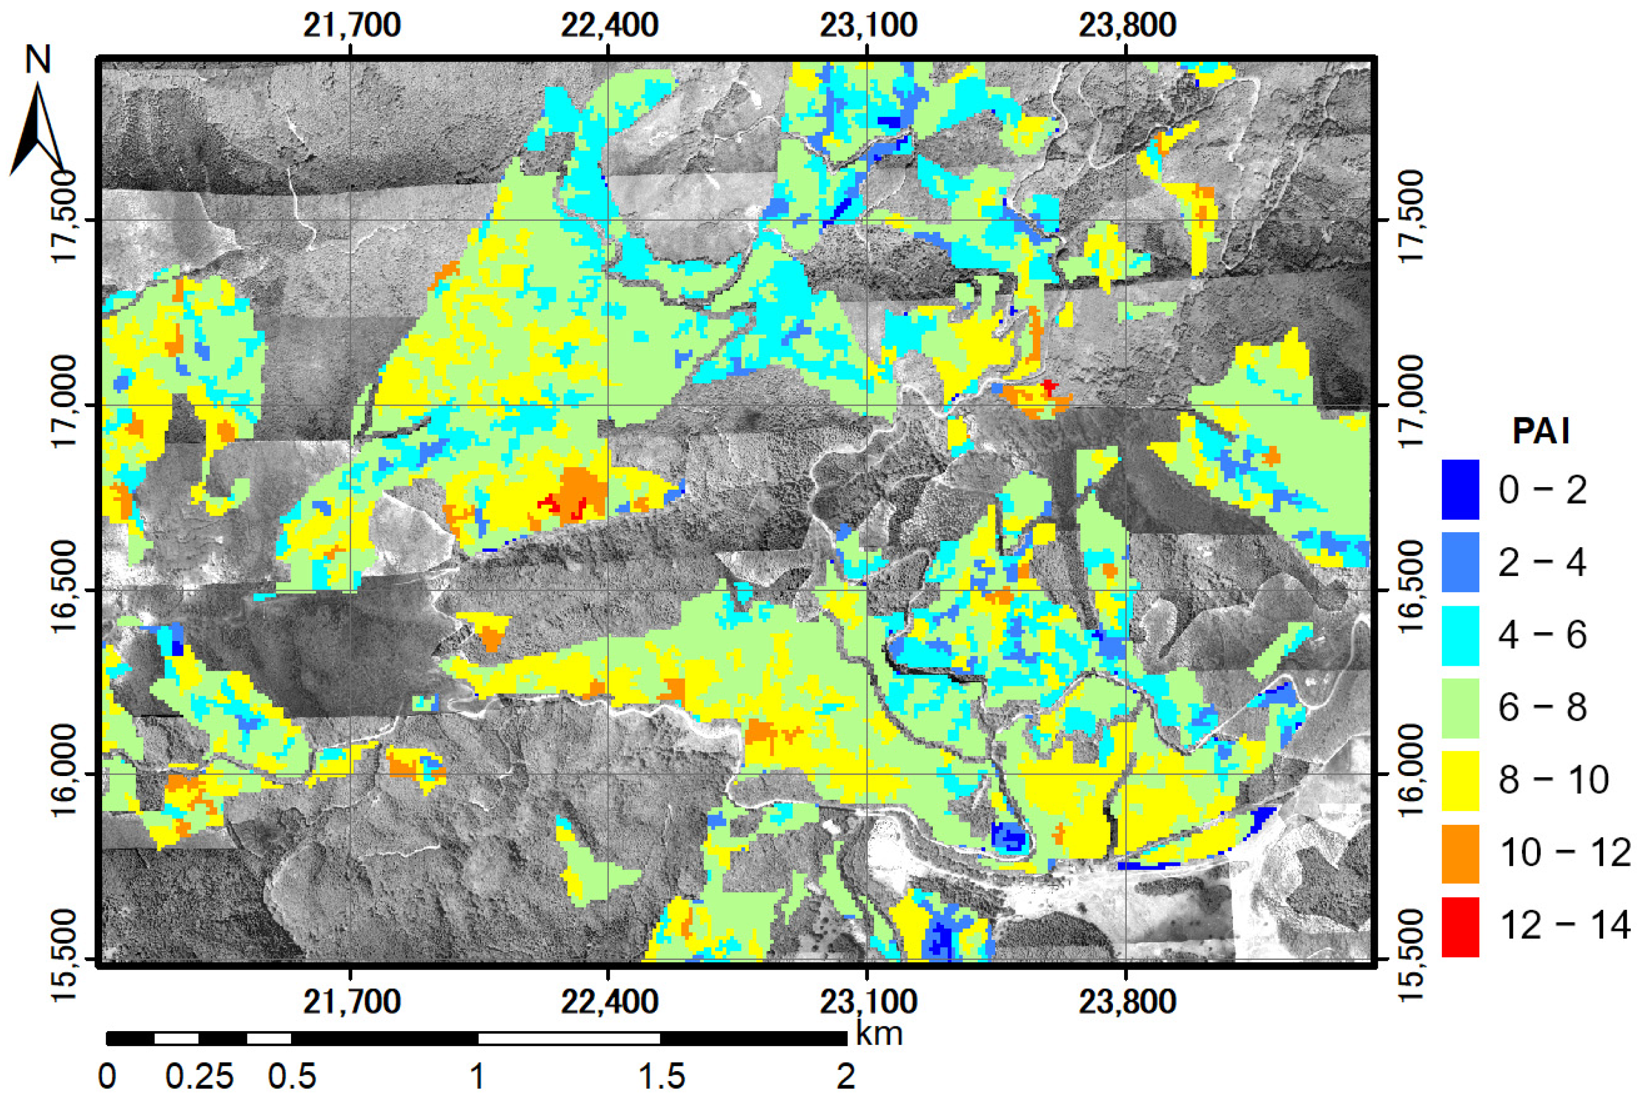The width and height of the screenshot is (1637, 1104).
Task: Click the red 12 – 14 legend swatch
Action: pyautogui.click(x=1459, y=926)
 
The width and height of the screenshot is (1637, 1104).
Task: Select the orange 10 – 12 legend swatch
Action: pyautogui.click(x=1459, y=854)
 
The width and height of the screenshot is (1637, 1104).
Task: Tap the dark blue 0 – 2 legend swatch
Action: pyautogui.click(x=1459, y=489)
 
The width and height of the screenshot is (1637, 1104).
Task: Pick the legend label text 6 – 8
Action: pyautogui.click(x=1542, y=707)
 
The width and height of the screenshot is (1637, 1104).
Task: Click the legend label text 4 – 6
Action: pyautogui.click(x=1542, y=634)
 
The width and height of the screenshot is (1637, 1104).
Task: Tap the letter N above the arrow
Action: pyautogui.click(x=38, y=60)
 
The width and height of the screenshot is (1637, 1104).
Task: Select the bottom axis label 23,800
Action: pyautogui.click(x=1127, y=1001)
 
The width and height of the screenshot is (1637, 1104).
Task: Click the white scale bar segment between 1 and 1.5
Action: pyautogui.click(x=569, y=1038)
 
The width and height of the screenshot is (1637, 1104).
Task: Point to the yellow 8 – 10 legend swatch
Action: pyautogui.click(x=1459, y=781)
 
